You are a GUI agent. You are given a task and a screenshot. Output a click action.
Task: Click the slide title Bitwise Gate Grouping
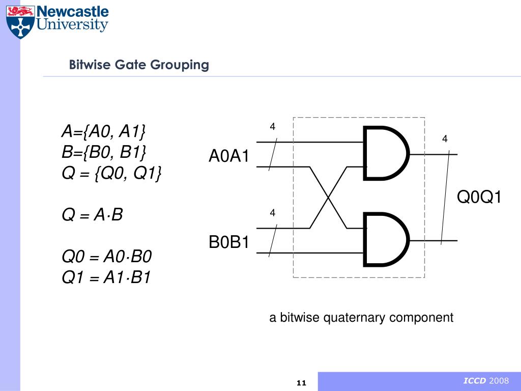139,65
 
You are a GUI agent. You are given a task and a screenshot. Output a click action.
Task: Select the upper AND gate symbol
386,153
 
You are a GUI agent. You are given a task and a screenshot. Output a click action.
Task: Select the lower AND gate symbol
386,240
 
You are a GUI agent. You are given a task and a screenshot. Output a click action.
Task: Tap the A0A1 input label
229,156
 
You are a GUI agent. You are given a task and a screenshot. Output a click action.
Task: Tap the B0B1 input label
229,243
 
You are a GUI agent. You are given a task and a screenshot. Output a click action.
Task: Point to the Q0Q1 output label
479,197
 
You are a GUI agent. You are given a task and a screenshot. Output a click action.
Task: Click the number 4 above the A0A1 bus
272,126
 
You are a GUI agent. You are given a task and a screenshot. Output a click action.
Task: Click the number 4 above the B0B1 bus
272,213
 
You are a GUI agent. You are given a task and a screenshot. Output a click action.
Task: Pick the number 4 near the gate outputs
444,138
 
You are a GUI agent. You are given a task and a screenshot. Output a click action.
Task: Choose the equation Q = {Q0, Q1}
112,173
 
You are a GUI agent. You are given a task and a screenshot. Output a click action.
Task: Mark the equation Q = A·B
92,215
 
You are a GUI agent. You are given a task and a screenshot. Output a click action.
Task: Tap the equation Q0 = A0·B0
107,256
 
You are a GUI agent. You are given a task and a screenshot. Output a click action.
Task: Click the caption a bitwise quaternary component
361,318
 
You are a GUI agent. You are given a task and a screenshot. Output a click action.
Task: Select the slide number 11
301,383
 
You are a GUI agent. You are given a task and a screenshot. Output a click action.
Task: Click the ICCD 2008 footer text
485,381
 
